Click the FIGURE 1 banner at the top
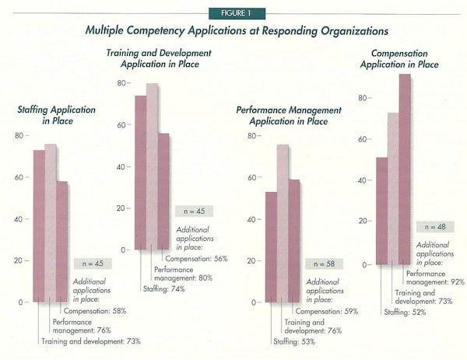coord(233,13)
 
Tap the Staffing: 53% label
coord(290,341)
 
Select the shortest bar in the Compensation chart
coord(381,210)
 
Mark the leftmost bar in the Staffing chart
coord(38,225)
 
